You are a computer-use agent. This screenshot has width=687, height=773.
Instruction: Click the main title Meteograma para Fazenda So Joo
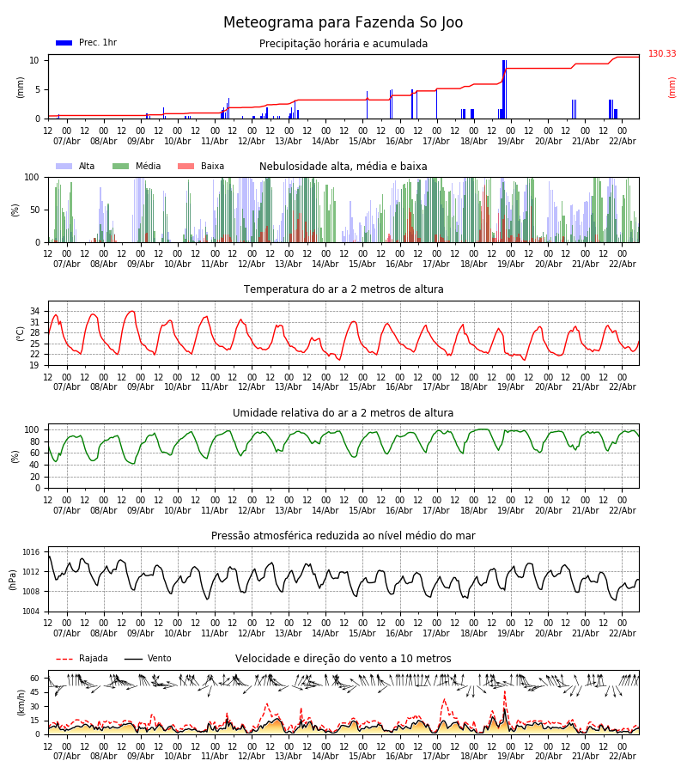pyautogui.click(x=343, y=23)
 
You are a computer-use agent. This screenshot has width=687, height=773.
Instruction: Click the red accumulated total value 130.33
pyautogui.click(x=662, y=54)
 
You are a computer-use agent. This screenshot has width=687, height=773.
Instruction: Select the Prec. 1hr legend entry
pyautogui.click(x=86, y=43)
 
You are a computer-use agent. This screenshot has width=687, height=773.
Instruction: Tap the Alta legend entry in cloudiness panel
pyautogui.click(x=78, y=167)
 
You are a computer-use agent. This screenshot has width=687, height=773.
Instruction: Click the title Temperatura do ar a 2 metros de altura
pyautogui.click(x=343, y=289)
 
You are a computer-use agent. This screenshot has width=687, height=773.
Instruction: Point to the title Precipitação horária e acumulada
pyautogui.click(x=343, y=44)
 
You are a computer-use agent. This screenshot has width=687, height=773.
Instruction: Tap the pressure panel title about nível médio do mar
pyautogui.click(x=343, y=536)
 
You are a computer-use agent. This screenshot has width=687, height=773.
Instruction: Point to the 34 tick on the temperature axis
pyautogui.click(x=34, y=311)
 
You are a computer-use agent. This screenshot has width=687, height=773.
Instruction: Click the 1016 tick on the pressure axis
pyautogui.click(x=31, y=552)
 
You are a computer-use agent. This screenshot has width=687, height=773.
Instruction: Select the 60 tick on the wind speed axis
pyautogui.click(x=34, y=678)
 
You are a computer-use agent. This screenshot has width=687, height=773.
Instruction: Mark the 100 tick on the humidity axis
pyautogui.click(x=32, y=429)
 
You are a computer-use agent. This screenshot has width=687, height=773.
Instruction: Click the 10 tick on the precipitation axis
pyautogui.click(x=34, y=60)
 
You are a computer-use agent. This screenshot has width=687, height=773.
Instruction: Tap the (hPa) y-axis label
pyautogui.click(x=13, y=579)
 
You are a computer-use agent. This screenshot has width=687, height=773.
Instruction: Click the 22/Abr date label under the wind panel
pyautogui.click(x=623, y=757)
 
